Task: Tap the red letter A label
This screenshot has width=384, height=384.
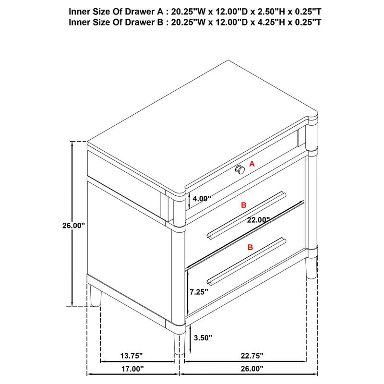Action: click(252, 164)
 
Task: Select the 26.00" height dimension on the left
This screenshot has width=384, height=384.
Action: click(73, 225)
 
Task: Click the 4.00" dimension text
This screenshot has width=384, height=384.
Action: click(201, 198)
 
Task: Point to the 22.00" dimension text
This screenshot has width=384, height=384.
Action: click(258, 219)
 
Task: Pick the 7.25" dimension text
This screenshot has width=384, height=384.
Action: click(199, 291)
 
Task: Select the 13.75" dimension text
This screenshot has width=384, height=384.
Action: click(131, 356)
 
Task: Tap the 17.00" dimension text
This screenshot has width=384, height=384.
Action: click(131, 369)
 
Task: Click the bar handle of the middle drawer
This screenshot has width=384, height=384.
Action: click(246, 215)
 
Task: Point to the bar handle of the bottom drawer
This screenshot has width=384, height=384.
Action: click(246, 259)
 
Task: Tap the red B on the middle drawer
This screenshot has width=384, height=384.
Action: click(243, 205)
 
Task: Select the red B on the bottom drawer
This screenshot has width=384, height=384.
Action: click(250, 247)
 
